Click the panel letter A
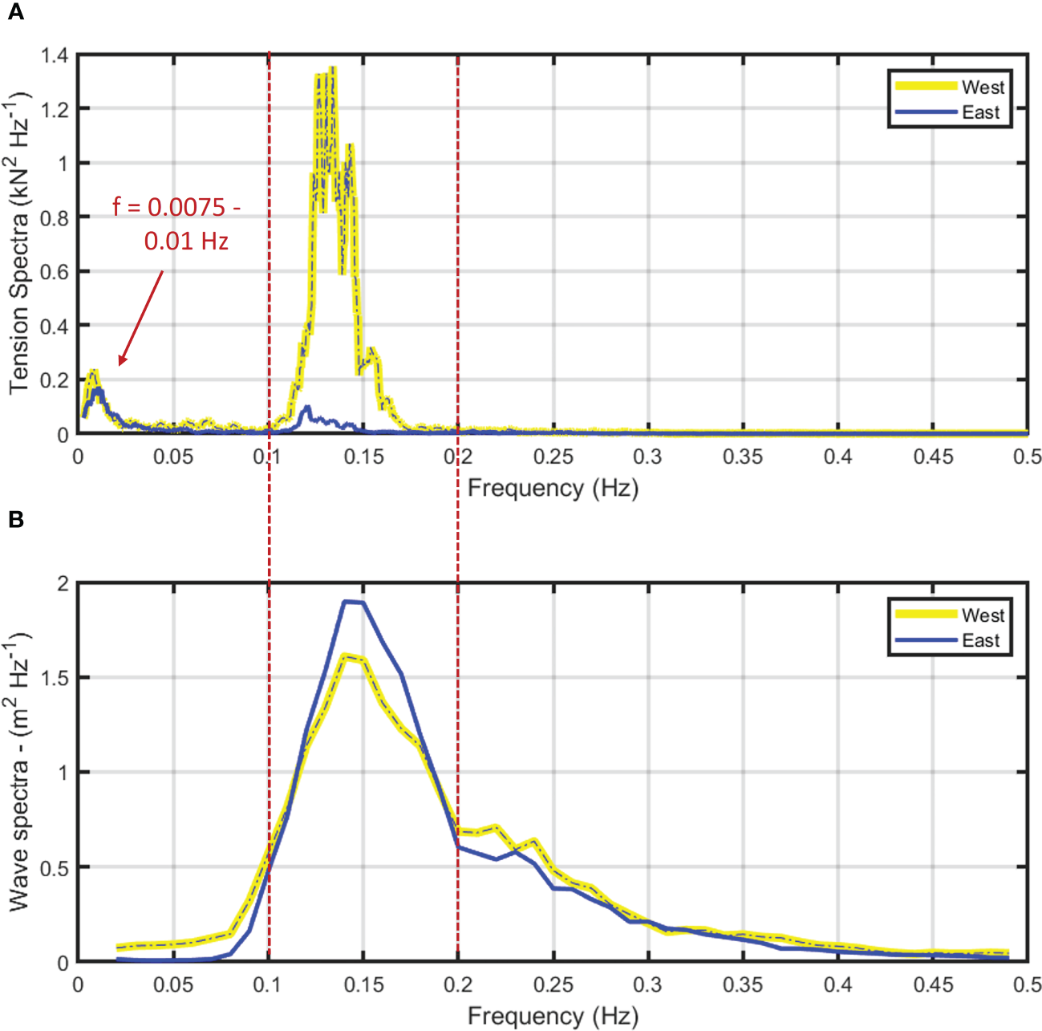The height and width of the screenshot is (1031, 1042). [x=15, y=13]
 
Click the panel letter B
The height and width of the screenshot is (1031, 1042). [x=15, y=520]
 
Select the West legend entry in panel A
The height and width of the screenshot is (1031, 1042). [x=983, y=87]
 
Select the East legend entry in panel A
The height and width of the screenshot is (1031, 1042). [x=980, y=112]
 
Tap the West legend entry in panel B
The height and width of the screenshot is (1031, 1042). [x=983, y=615]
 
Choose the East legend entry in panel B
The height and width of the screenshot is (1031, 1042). [x=980, y=640]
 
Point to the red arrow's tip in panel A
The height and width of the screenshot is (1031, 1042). [x=120, y=365]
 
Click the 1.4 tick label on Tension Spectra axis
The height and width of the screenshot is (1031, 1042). [x=54, y=55]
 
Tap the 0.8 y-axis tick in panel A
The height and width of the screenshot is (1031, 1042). [x=54, y=217]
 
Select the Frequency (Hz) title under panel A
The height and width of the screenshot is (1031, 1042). [x=553, y=488]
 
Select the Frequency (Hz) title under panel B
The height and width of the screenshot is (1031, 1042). [x=553, y=1016]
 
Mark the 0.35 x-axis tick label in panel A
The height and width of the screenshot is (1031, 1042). [x=742, y=457]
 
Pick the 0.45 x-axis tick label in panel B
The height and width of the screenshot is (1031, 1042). [x=933, y=985]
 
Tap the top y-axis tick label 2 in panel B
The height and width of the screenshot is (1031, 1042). [x=63, y=583]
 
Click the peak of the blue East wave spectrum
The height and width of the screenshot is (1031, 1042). [x=347, y=601]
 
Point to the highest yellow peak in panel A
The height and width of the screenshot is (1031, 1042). [x=332, y=69]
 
